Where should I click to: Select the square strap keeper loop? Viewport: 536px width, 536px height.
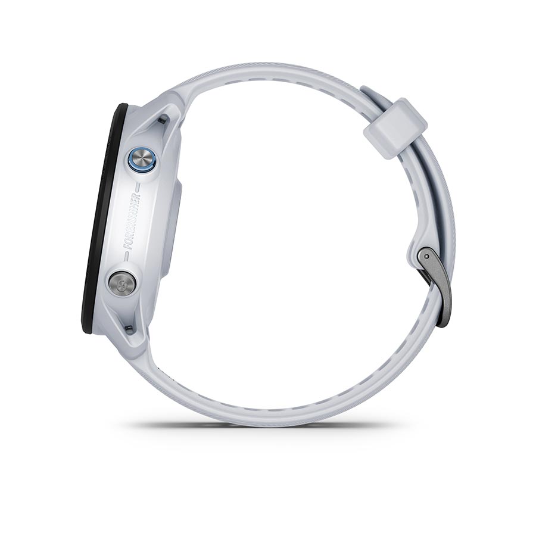pyautogui.click(x=395, y=127)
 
